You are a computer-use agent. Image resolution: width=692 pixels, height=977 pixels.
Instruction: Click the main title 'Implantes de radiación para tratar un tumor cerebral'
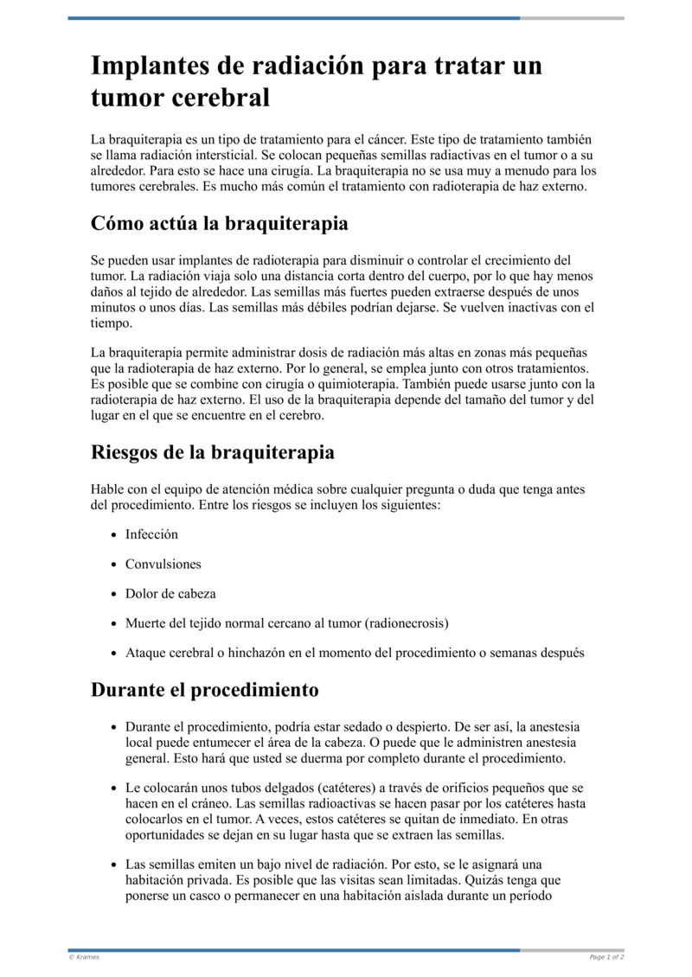(316, 82)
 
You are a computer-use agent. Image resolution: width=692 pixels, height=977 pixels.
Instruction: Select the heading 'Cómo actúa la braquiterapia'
(219, 224)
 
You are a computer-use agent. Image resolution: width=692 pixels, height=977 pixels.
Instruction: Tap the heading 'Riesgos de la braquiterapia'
(212, 452)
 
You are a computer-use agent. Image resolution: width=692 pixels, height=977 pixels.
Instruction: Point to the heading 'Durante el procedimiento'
(204, 690)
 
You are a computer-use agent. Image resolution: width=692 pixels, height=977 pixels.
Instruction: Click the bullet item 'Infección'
(151, 534)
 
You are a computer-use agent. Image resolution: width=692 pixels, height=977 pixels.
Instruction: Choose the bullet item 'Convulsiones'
(163, 564)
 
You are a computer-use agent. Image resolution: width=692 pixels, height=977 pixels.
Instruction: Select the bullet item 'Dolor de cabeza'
(170, 594)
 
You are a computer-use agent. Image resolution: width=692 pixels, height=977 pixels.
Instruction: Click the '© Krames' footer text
(84, 957)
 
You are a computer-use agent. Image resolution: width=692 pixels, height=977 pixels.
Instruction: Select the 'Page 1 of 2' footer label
(606, 957)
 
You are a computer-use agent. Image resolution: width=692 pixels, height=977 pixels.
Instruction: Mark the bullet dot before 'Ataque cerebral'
(113, 654)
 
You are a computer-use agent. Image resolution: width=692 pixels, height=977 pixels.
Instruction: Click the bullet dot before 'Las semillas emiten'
(113, 865)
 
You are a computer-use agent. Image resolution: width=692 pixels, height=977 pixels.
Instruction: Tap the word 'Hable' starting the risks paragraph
(107, 489)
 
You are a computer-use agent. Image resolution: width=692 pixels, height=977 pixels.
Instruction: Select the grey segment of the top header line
(572, 17)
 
